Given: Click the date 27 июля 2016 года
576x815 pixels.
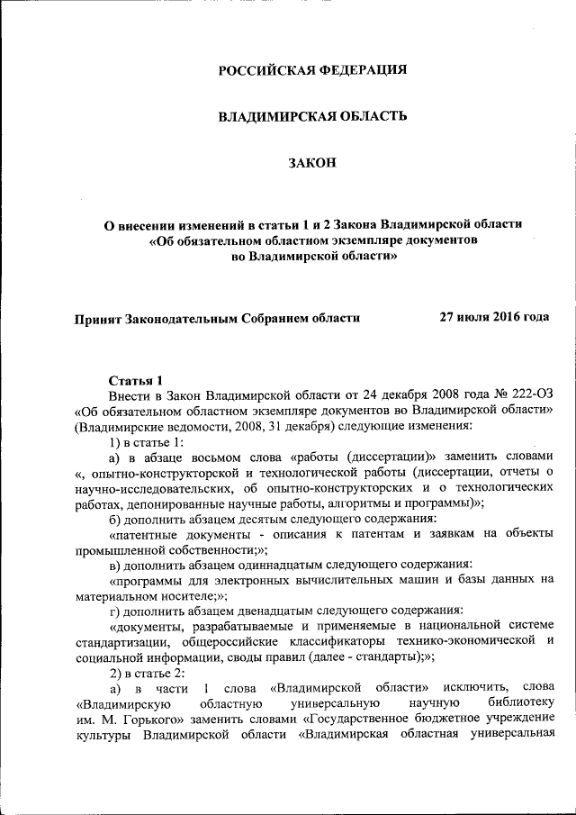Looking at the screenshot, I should click(x=495, y=317).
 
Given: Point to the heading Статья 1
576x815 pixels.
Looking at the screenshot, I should click(x=137, y=380).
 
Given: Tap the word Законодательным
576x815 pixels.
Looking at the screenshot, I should click(x=183, y=317).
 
